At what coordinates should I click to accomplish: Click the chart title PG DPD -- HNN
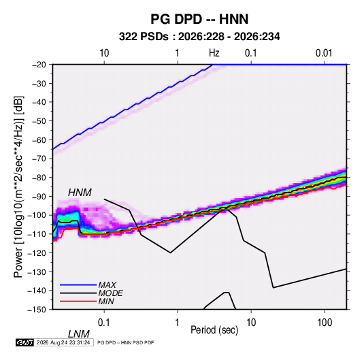[x=199, y=19]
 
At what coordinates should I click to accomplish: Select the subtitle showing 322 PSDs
[x=199, y=37]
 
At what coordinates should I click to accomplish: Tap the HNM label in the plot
[x=80, y=193]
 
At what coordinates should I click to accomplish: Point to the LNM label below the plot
[x=79, y=334]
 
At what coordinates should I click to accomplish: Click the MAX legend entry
[x=107, y=284]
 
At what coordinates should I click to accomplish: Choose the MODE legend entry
[x=110, y=293]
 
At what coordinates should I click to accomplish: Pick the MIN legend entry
[x=106, y=301]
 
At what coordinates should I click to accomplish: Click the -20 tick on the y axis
[x=39, y=65]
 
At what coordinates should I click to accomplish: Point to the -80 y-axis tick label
[x=39, y=178]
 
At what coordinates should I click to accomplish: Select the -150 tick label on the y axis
[x=37, y=310]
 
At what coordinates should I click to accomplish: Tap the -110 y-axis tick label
[x=37, y=234]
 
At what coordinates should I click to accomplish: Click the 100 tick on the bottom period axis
[x=325, y=323]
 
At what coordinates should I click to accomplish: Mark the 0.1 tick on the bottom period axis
[x=104, y=323]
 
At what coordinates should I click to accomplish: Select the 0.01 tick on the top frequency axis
[x=324, y=53]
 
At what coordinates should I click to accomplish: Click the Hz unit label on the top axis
[x=214, y=53]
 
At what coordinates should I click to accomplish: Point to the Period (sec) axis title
[x=214, y=330]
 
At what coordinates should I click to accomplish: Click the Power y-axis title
[x=18, y=187]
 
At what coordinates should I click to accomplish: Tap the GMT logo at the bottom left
[x=24, y=342]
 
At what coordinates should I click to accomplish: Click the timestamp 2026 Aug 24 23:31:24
[x=63, y=342]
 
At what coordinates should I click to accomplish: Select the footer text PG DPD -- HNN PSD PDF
[x=125, y=342]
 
